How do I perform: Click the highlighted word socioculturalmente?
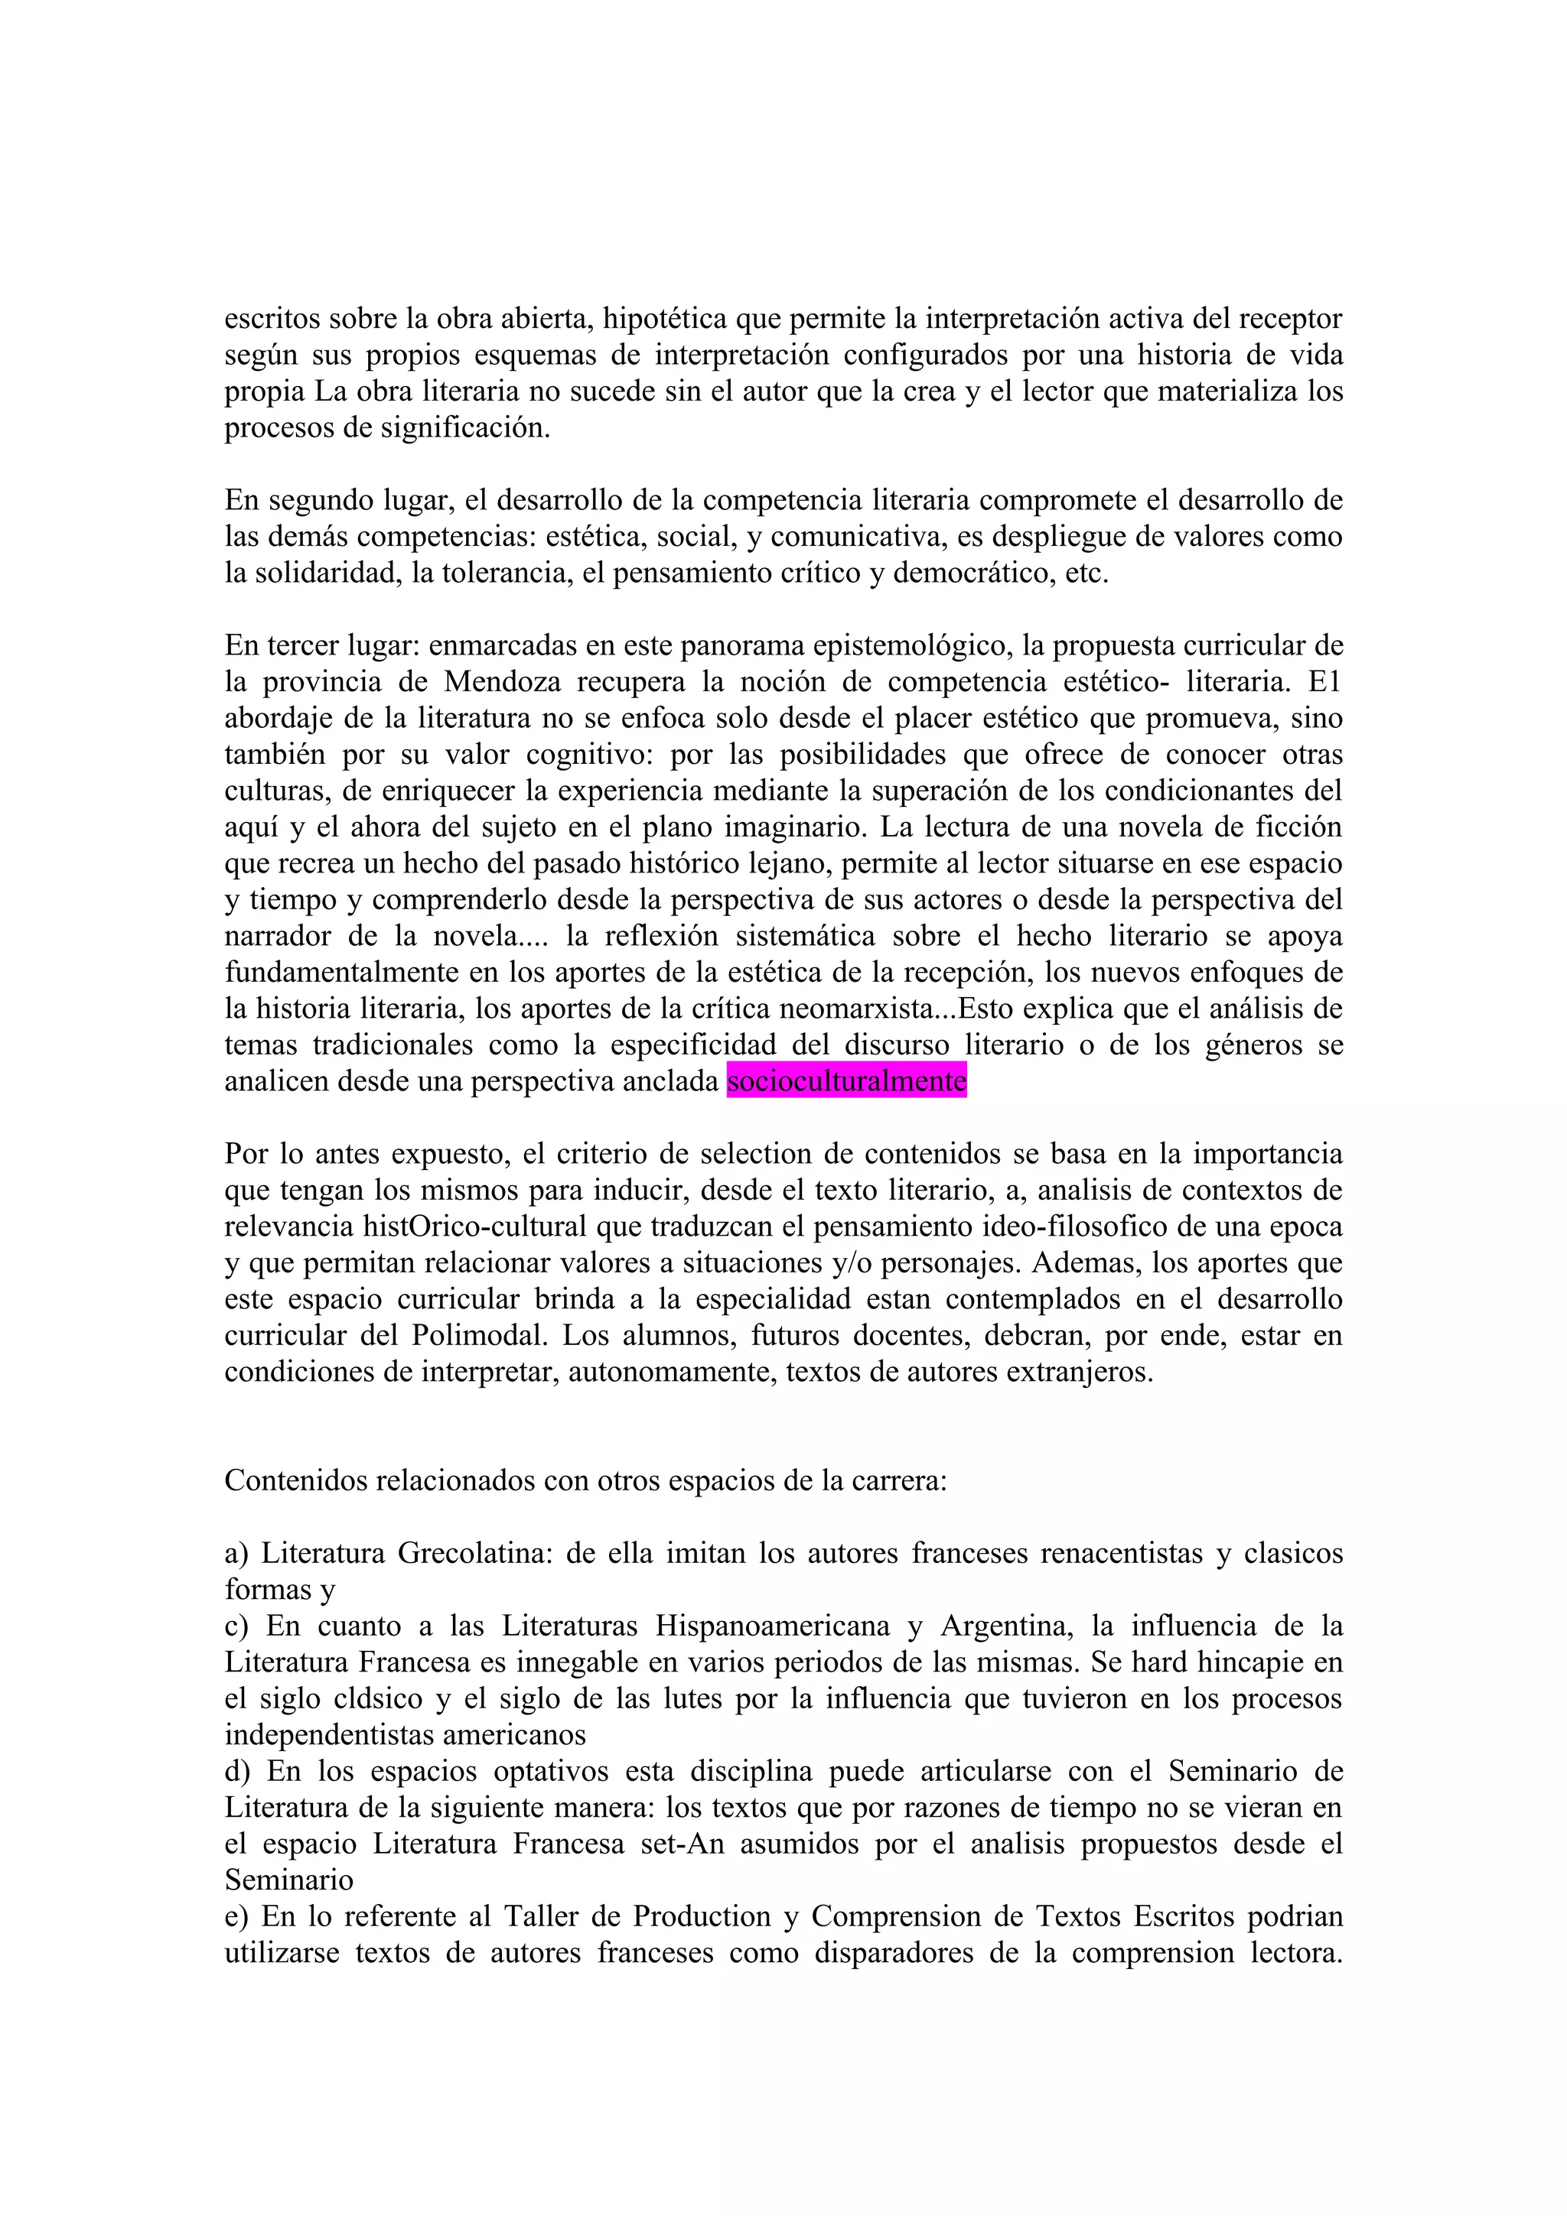click(847, 1081)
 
